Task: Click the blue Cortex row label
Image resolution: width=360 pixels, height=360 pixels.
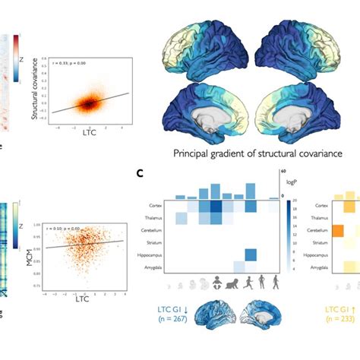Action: click(x=153, y=205)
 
